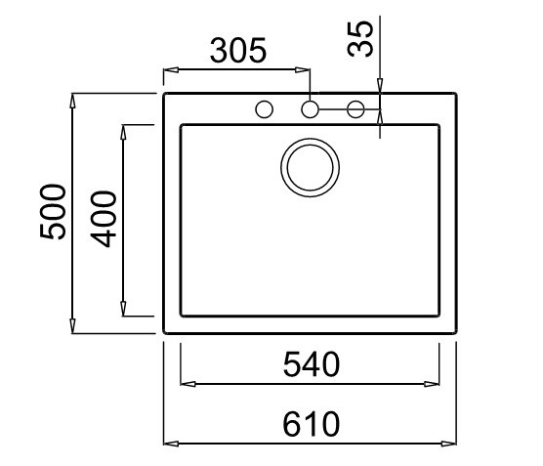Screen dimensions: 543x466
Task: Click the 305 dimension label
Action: click(x=238, y=51)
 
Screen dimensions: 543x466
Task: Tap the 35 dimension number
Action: click(x=360, y=38)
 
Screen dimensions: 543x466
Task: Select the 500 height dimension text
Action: click(x=53, y=211)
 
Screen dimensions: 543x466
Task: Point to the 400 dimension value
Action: click(x=104, y=219)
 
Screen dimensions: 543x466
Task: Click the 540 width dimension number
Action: click(x=312, y=364)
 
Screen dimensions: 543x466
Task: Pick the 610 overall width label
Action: click(x=311, y=424)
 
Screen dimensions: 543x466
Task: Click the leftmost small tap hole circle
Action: click(x=265, y=109)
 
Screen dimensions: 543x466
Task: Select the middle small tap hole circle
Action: click(x=310, y=109)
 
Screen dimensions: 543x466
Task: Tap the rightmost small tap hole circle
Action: click(x=355, y=109)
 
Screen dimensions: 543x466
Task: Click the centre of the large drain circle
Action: click(x=310, y=168)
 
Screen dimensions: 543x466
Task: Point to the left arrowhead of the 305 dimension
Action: click(x=171, y=70)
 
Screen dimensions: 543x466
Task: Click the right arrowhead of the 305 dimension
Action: click(x=303, y=70)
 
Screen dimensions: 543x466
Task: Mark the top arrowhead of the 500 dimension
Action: click(x=72, y=101)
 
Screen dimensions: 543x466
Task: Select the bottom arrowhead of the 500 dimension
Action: click(x=72, y=326)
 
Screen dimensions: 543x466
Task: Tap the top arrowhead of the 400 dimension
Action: click(x=123, y=132)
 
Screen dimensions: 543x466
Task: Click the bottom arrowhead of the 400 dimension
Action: click(x=123, y=309)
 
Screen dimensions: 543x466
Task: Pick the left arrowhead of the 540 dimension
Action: click(x=188, y=384)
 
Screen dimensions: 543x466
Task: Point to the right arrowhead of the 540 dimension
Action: click(x=432, y=384)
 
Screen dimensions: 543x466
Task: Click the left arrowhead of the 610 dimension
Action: click(x=171, y=444)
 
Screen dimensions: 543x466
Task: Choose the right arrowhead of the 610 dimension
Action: click(x=449, y=444)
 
